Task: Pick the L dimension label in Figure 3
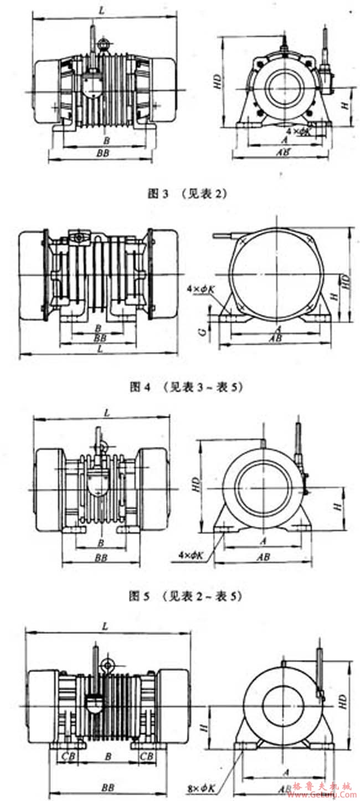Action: [x=100, y=10]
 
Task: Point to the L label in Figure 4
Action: [x=99, y=350]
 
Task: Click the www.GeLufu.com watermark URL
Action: [x=326, y=794]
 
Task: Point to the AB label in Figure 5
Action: [x=264, y=557]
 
